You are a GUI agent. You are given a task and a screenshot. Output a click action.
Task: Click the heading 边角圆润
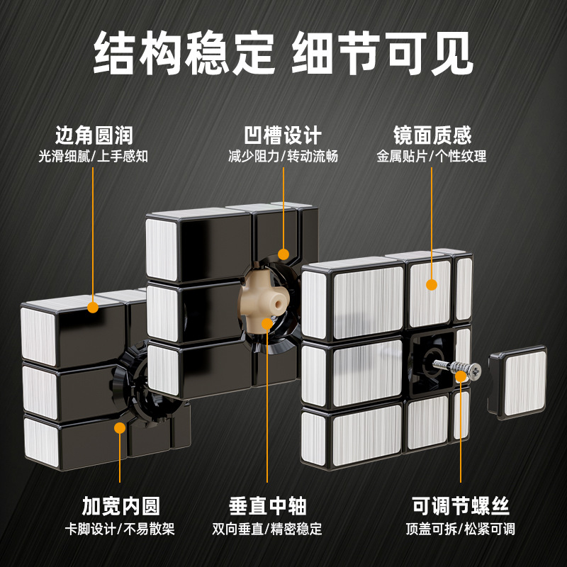point(94,135)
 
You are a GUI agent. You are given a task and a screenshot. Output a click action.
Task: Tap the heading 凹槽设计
point(283,135)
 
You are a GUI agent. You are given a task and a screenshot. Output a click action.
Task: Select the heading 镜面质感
point(432,135)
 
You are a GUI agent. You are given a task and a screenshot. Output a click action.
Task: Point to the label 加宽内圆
point(120,506)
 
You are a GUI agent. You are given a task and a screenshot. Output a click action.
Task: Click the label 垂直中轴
point(268,506)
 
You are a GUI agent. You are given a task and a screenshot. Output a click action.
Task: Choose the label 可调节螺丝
point(461,506)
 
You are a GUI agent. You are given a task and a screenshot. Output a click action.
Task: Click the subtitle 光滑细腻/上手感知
point(94,157)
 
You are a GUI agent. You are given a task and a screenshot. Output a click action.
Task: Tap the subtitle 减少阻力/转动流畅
point(283,157)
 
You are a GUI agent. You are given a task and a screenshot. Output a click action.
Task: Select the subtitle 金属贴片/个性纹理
point(432,157)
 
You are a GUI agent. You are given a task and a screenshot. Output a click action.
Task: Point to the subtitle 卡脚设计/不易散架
point(120,529)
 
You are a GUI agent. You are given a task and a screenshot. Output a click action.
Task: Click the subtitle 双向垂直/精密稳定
point(267,529)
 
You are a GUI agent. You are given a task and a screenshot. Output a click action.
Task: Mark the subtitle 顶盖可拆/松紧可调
point(460,529)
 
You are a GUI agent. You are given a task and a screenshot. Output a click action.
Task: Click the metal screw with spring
point(457,369)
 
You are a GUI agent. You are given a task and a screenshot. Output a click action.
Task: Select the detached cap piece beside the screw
point(517,382)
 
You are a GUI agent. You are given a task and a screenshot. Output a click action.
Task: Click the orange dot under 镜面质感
point(432,285)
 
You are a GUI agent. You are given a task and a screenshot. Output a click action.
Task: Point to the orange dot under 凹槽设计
point(283,254)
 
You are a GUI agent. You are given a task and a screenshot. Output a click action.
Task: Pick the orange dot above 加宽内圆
point(120,428)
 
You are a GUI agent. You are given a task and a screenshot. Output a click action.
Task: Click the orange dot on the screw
point(461,376)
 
